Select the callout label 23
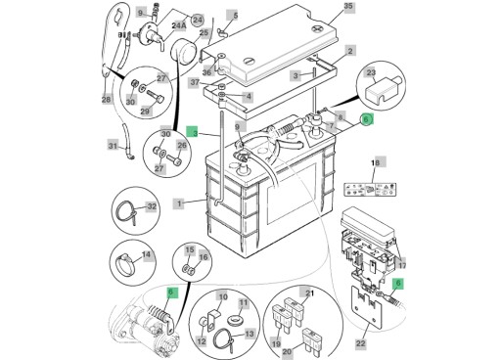click(x=370, y=72)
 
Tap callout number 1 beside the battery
click(x=179, y=203)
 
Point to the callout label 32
click(x=152, y=206)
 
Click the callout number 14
click(x=147, y=255)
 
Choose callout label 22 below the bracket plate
click(x=360, y=343)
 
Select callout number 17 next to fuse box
click(x=401, y=265)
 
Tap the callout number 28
click(x=106, y=99)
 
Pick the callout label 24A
click(x=178, y=25)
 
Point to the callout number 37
click(x=195, y=83)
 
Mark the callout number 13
click(x=250, y=334)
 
